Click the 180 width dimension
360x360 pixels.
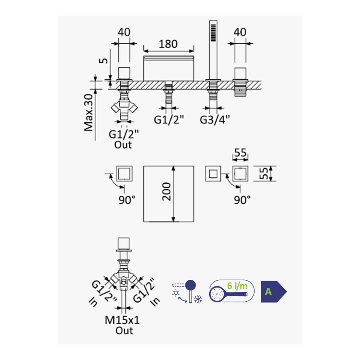point(168,44)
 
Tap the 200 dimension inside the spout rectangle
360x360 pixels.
point(166,192)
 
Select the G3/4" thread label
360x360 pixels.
point(215,120)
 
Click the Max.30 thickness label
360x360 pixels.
point(89,113)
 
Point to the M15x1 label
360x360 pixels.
point(122,320)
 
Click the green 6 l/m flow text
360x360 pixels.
point(237,286)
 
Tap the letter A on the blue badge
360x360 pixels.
point(268,291)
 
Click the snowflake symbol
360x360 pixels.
point(198,299)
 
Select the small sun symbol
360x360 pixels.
point(176,293)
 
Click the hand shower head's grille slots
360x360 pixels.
point(213,33)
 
